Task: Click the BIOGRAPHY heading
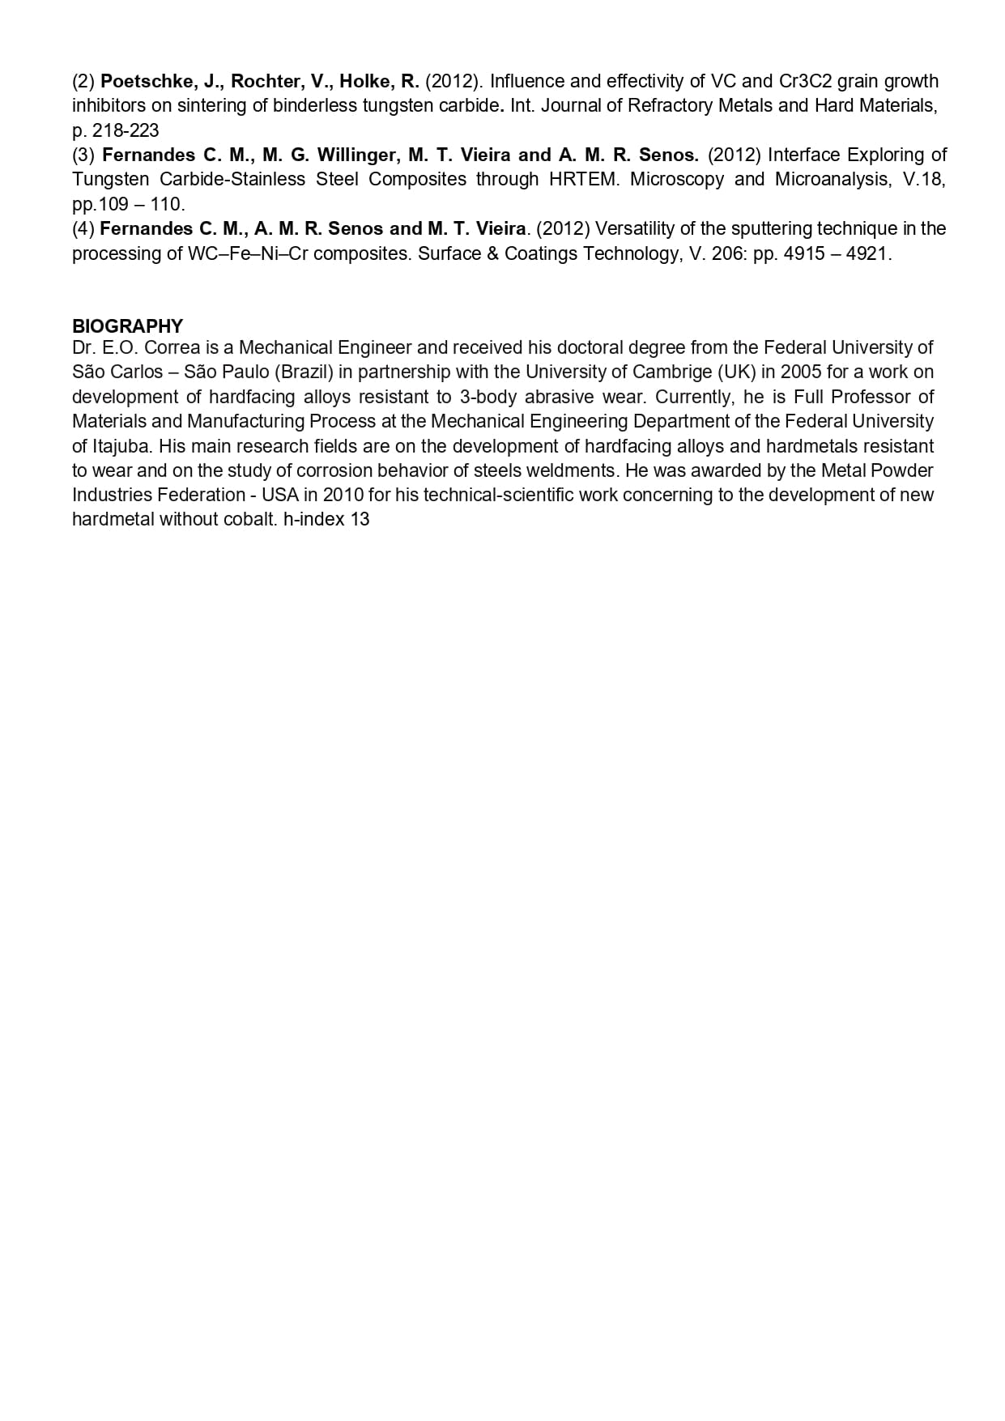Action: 127,326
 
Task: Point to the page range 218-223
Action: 126,130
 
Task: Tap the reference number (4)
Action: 83,228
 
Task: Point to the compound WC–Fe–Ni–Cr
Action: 247,253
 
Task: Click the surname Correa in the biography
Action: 172,347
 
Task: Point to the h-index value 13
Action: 360,520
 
